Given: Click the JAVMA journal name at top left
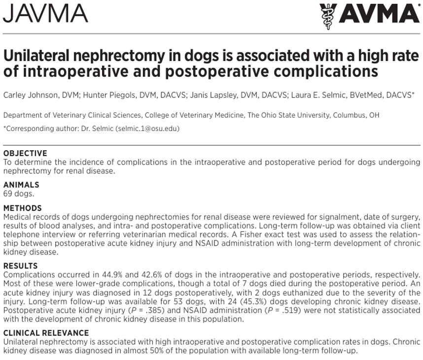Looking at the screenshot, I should point(45,14).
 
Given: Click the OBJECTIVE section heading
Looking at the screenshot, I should point(25,153).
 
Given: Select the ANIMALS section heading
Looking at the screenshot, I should point(21,185).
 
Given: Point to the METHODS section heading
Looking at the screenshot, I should point(23,208).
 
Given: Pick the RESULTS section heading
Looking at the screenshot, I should point(20,266).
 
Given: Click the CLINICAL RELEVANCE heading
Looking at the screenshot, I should point(46,333).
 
